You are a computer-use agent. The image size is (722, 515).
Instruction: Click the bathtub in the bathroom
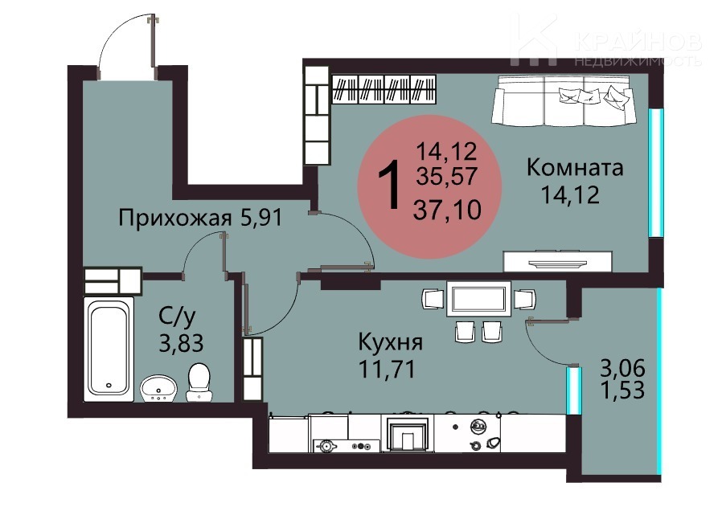point(109,349)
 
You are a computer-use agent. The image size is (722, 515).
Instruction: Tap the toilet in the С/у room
point(199,382)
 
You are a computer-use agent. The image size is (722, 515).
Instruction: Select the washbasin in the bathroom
point(158,388)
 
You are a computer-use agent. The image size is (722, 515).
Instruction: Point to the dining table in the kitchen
point(479,300)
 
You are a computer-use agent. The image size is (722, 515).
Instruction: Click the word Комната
point(575,168)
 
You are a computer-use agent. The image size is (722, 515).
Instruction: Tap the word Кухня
point(391,342)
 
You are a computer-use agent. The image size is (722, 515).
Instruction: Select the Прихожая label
point(175,217)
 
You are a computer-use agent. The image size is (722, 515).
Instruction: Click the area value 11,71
point(387,369)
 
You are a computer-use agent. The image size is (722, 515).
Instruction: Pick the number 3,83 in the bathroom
point(181,343)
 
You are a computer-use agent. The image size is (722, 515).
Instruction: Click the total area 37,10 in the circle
point(448,210)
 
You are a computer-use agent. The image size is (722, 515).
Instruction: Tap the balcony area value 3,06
point(622,368)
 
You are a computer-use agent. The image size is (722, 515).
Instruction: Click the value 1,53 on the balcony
point(622,390)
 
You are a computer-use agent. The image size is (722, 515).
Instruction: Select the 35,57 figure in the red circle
point(447,175)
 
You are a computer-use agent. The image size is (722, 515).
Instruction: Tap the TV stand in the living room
point(558,261)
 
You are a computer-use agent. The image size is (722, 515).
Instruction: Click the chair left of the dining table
point(433,299)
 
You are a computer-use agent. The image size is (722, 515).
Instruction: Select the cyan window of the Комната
point(656,173)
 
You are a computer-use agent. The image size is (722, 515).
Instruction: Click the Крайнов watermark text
point(638,43)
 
